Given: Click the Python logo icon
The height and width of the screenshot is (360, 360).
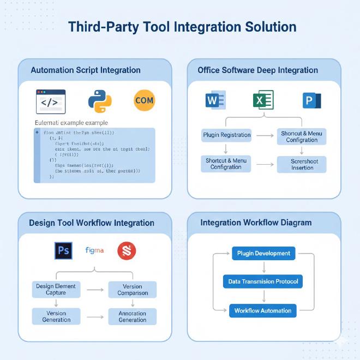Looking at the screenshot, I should (x=99, y=101).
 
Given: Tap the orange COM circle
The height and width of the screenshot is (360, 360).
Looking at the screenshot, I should (x=144, y=100).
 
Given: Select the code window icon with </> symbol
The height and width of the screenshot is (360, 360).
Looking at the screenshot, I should (x=50, y=101).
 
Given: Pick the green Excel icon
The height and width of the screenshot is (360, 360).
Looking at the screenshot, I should (x=263, y=100).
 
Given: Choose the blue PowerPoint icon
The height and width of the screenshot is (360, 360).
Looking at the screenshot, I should (x=311, y=100).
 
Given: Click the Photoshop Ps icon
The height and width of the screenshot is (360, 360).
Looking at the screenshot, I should (x=63, y=251).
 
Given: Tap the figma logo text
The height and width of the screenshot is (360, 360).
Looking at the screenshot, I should (x=94, y=250).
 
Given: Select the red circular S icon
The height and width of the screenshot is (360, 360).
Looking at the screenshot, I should (x=127, y=251).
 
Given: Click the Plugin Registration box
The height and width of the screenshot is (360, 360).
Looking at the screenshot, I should (x=227, y=135).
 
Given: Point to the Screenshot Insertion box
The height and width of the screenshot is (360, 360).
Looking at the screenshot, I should (x=302, y=164).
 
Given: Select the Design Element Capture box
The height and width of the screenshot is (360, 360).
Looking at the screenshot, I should (x=56, y=289).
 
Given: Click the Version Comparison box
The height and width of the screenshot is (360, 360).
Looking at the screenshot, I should (x=133, y=290).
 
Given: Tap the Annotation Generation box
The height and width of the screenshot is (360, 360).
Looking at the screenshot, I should (x=133, y=317).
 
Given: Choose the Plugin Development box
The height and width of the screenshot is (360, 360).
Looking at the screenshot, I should (x=264, y=254).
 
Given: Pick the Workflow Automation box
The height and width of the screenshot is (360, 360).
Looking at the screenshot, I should (x=262, y=310).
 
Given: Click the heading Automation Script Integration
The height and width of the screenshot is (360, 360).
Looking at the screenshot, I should (x=86, y=70).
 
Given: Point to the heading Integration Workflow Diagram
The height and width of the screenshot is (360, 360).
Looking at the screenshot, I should (x=256, y=223).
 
